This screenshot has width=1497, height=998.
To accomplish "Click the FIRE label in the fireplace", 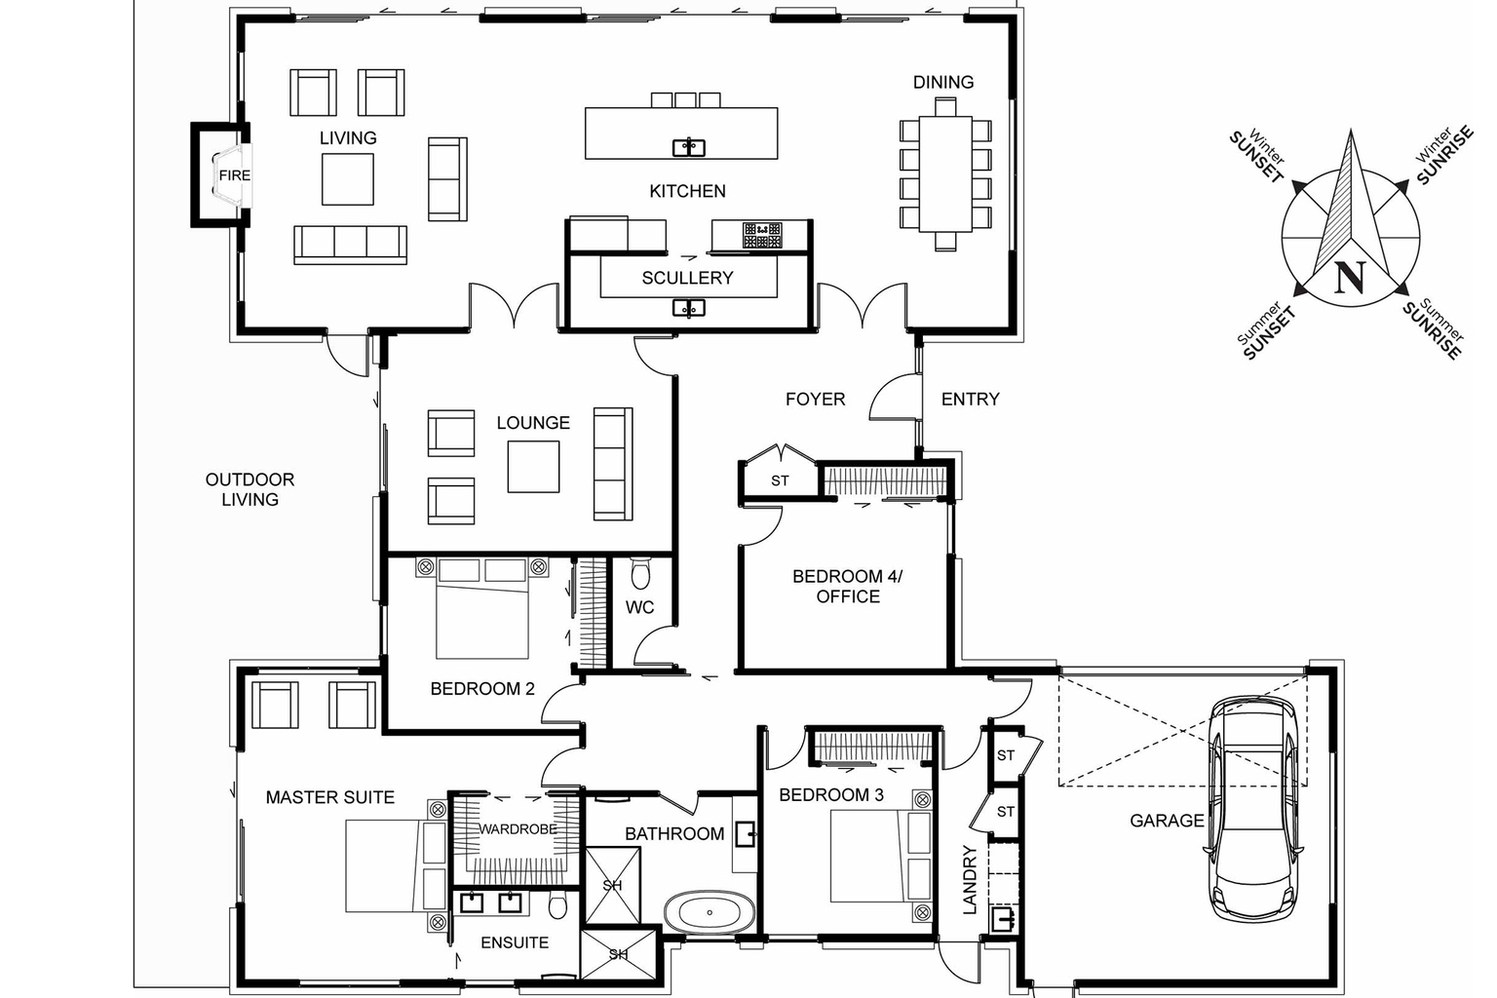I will point(234,175).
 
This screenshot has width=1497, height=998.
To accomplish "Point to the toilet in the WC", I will point(640,575).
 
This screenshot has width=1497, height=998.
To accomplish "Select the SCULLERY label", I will point(687,278).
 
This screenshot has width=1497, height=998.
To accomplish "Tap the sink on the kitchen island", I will point(689,148).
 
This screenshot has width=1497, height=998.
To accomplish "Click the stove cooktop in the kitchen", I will point(761,235).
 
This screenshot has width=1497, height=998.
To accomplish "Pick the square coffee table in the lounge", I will point(533,467).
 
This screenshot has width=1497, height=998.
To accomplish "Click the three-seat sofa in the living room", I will point(350,244).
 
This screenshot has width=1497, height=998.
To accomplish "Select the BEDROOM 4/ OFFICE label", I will point(847,586).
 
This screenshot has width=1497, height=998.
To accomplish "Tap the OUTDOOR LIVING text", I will point(249,489).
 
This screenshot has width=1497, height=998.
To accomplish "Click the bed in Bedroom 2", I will point(482,609).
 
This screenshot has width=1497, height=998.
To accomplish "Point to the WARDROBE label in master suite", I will point(518,828).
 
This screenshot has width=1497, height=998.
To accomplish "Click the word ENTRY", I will point(970,399).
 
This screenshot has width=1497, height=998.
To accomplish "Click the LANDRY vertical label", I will point(970,879).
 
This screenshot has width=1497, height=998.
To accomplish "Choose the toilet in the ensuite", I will point(558,906).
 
